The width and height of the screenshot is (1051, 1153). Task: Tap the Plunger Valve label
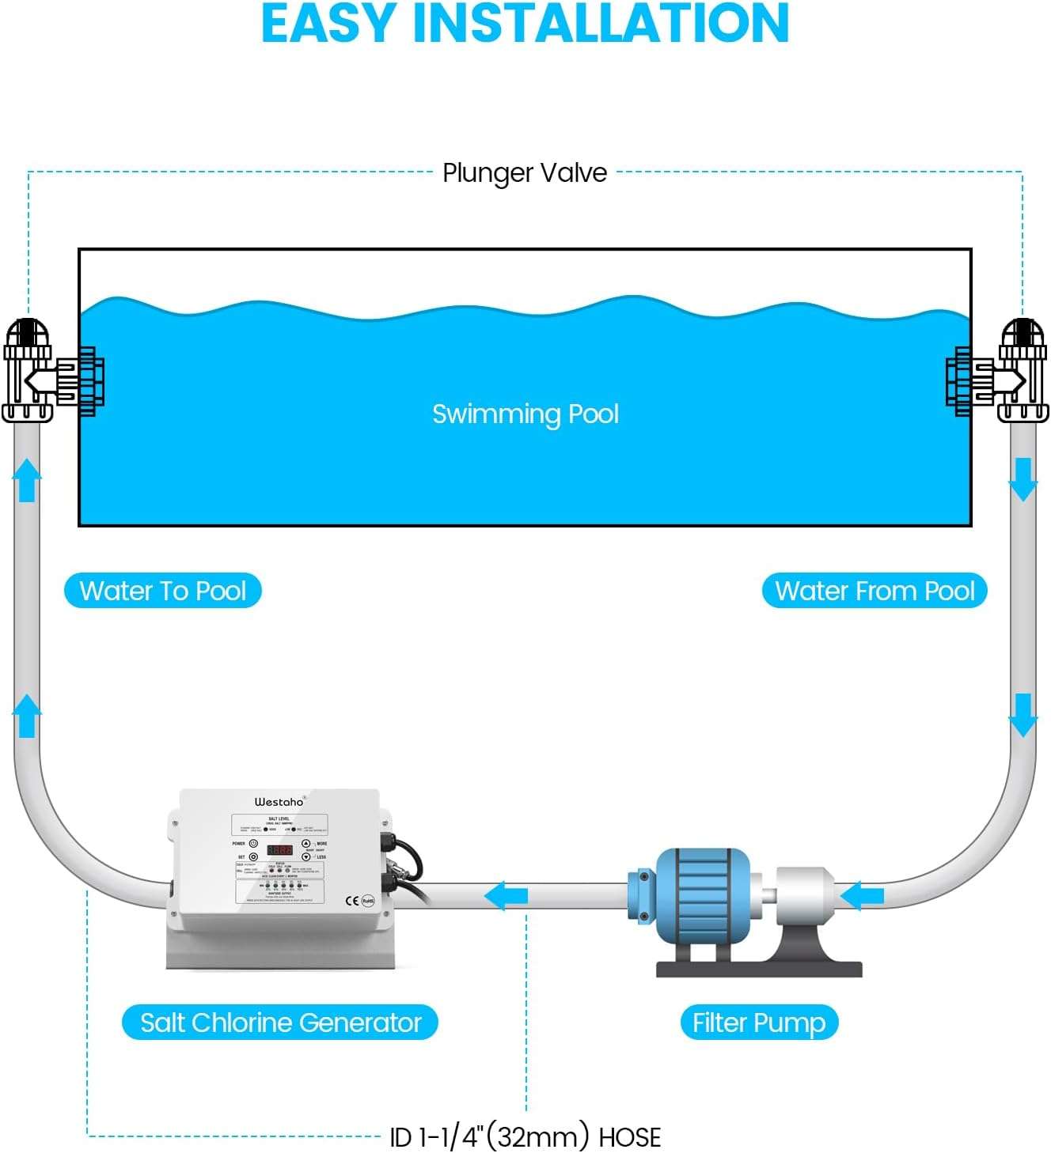(525, 172)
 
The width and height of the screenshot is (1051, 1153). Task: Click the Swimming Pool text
(525, 414)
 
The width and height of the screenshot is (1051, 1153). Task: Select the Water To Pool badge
(163, 591)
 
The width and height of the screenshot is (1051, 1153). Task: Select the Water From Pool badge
(875, 591)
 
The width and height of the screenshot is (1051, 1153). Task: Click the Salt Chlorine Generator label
(280, 1023)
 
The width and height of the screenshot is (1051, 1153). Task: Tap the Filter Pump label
(759, 1023)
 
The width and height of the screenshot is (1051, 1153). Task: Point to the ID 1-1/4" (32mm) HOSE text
(525, 1137)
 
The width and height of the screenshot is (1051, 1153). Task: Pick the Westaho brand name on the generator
(279, 802)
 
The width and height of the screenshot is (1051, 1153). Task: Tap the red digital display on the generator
(279, 850)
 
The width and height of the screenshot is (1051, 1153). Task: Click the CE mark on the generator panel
(352, 901)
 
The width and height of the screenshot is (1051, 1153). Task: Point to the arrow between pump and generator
(506, 896)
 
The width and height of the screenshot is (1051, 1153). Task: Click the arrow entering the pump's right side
(862, 896)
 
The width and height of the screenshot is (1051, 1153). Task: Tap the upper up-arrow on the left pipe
(27, 479)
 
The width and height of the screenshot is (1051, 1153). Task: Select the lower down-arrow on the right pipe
(1023, 715)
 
